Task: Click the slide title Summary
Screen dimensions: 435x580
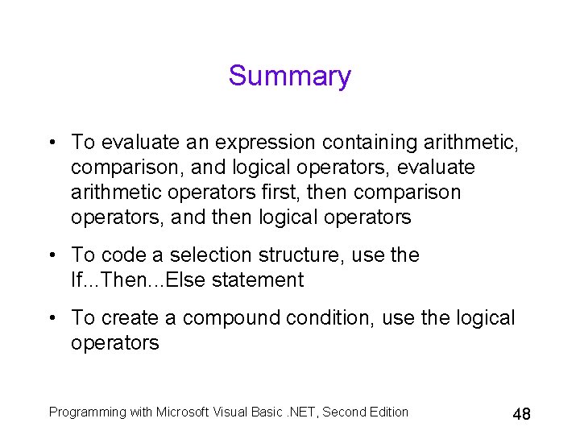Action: tap(290, 76)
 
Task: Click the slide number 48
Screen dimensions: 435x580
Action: tap(521, 415)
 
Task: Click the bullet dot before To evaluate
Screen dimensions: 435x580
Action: tap(51, 143)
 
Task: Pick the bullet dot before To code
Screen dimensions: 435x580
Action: tap(51, 255)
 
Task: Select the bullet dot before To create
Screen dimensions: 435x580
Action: tap(51, 318)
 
